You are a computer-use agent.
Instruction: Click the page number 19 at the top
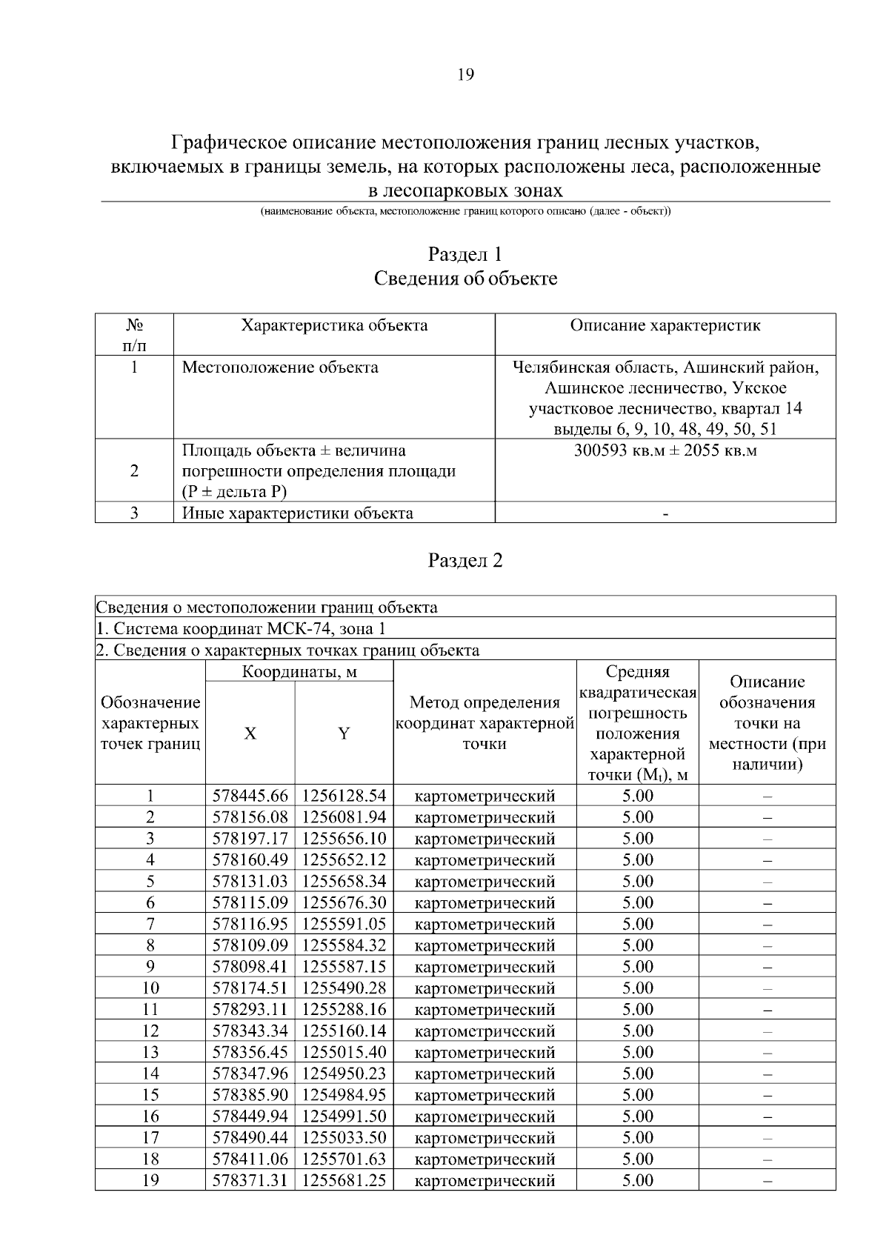click(465, 74)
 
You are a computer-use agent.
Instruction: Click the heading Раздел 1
click(465, 254)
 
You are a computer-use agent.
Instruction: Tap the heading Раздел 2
click(465, 560)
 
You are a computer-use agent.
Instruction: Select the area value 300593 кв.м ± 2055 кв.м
click(665, 450)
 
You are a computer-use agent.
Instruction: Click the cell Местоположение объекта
click(280, 367)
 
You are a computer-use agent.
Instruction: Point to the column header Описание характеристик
click(665, 325)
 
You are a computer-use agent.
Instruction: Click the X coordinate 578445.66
click(250, 796)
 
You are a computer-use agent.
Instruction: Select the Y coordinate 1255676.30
click(344, 902)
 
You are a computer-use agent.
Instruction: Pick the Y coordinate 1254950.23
click(344, 1074)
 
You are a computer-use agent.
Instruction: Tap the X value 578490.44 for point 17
click(250, 1137)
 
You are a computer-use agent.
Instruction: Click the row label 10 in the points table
click(150, 988)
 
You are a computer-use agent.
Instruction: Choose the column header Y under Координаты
click(344, 733)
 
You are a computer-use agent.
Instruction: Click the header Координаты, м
click(299, 672)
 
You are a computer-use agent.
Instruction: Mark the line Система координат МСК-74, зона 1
click(242, 629)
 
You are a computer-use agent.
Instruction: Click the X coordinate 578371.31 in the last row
click(250, 1180)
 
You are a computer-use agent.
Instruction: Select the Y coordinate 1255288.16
click(344, 1009)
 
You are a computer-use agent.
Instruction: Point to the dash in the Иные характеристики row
click(665, 514)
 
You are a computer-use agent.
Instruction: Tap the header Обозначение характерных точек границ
click(150, 723)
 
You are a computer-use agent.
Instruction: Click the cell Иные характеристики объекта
click(298, 513)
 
